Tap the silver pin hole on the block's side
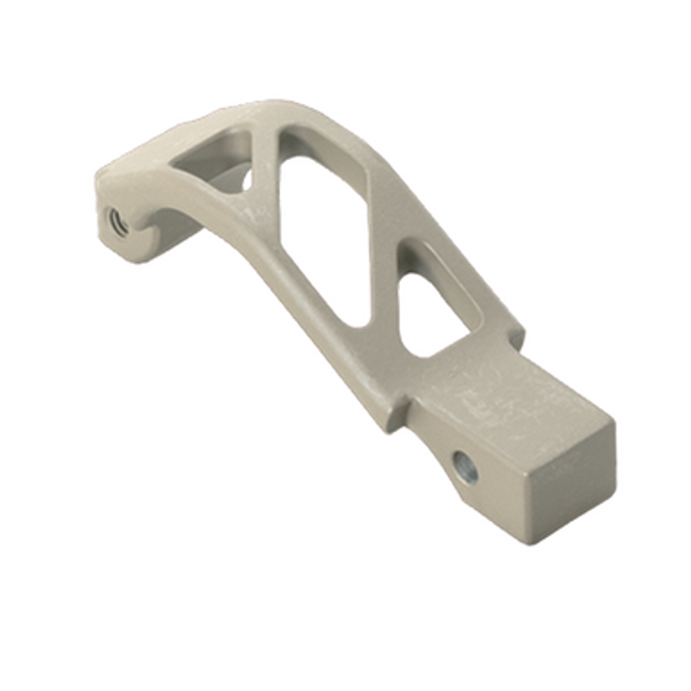point(465,469)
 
